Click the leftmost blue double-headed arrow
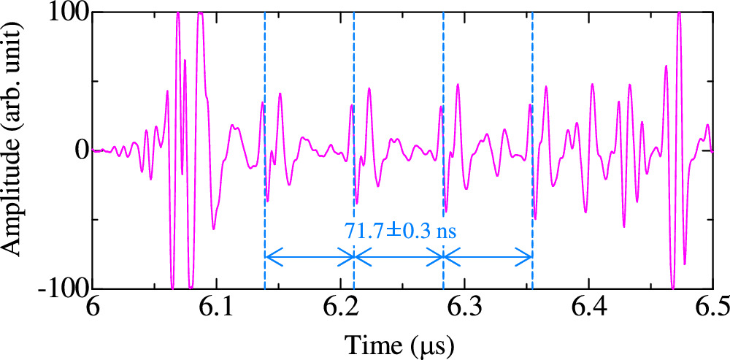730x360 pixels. tap(309, 256)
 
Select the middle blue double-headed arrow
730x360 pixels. tap(399, 256)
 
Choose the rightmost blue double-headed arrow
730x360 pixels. tap(488, 256)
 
